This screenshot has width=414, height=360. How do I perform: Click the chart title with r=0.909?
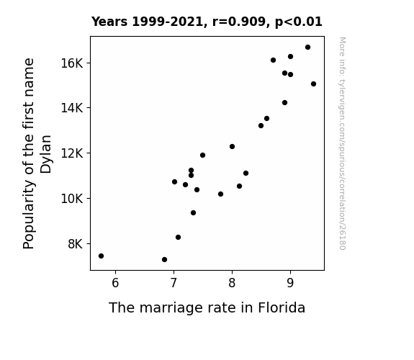pos(207,22)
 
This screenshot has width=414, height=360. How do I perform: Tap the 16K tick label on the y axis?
pos(72,63)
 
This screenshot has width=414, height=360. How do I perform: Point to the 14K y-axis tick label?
pos(72,108)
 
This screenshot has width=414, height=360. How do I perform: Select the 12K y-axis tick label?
pos(72,153)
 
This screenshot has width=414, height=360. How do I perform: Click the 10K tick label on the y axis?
pos(72,198)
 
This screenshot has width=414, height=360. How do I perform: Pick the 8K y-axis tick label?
pos(76,244)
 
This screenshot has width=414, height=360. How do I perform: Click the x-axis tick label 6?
pos(115,283)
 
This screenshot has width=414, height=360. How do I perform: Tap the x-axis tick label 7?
pos(174,283)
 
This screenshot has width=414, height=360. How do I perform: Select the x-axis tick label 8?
pos(232,283)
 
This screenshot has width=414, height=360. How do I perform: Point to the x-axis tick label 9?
pos(290,283)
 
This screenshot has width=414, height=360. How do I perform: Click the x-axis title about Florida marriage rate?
pos(207,308)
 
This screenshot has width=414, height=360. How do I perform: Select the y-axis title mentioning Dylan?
pos(37,153)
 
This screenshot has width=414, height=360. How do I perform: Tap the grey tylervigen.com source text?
pos(342,143)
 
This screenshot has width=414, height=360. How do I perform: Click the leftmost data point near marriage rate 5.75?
pos(101,256)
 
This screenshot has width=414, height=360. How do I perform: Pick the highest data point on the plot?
pos(307,48)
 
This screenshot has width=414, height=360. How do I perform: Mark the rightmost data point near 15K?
pos(313,84)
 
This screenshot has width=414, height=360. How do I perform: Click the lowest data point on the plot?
pos(164,260)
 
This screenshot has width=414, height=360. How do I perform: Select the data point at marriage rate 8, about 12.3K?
pos(232,147)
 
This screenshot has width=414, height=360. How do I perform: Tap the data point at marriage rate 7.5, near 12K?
pos(202,155)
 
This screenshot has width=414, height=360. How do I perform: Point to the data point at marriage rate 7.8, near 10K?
pos(221,194)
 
